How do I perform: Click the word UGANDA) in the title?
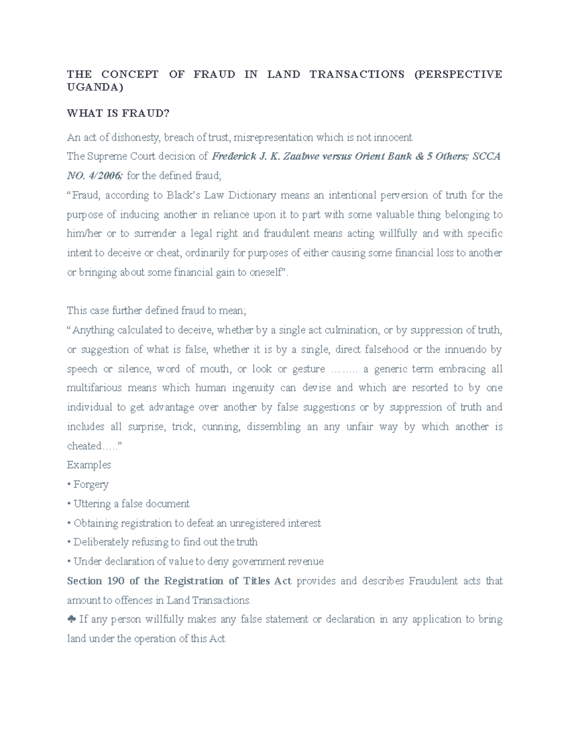(x=95, y=87)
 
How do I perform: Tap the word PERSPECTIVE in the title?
(x=458, y=74)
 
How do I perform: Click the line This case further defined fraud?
(x=157, y=311)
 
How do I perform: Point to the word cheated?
(x=84, y=446)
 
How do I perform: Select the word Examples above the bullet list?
(x=89, y=465)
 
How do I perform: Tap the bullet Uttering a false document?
(x=131, y=504)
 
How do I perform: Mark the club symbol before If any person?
(x=71, y=619)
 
